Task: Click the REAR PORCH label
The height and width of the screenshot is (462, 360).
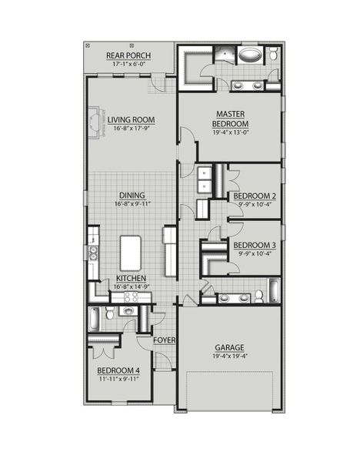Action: [x=128, y=55]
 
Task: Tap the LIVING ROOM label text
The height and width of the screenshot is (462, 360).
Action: [x=131, y=119]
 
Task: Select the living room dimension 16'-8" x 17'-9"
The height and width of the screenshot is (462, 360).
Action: [x=131, y=129]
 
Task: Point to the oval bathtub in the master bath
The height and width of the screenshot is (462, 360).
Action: [x=250, y=55]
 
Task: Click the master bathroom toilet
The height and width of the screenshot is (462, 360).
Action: [x=272, y=55]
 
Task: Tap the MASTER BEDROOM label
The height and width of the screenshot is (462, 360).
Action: [x=231, y=119]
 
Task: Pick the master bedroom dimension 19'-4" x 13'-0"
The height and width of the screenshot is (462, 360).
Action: [x=231, y=132]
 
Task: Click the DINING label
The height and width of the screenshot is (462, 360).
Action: [x=132, y=196]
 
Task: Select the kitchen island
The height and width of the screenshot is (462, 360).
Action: [x=131, y=253]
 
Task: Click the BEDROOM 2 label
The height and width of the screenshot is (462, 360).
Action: [x=255, y=196]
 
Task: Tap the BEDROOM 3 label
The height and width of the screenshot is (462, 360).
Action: [x=255, y=246]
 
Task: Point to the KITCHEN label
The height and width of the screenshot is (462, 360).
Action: [x=131, y=278]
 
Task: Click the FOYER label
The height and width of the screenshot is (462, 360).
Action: [x=163, y=340]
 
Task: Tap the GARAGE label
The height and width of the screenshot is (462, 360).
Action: [x=230, y=346]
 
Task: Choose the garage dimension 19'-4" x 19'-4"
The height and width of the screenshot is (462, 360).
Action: [x=230, y=356]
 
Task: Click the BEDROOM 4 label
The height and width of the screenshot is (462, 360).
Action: [x=119, y=370]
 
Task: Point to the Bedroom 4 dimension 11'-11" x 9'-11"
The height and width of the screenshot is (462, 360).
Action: [x=119, y=379]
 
